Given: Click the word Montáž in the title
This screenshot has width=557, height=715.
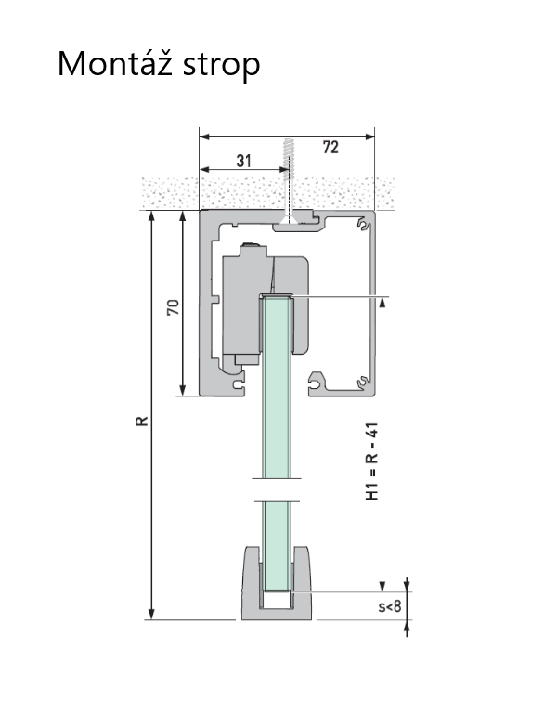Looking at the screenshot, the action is (115, 63).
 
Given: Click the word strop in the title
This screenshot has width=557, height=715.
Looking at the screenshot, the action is (222, 66).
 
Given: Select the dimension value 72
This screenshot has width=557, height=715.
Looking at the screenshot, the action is (330, 148).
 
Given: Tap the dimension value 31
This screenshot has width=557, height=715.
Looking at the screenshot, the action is (244, 161).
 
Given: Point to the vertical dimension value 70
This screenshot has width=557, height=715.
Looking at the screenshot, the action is (174, 307).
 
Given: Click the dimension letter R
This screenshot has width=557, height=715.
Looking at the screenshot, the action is (142, 421).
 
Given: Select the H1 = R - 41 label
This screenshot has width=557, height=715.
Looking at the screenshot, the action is (372, 461).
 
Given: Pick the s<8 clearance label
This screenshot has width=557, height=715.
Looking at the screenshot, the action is (390, 606).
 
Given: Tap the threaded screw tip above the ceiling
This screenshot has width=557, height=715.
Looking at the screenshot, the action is (287, 154).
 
